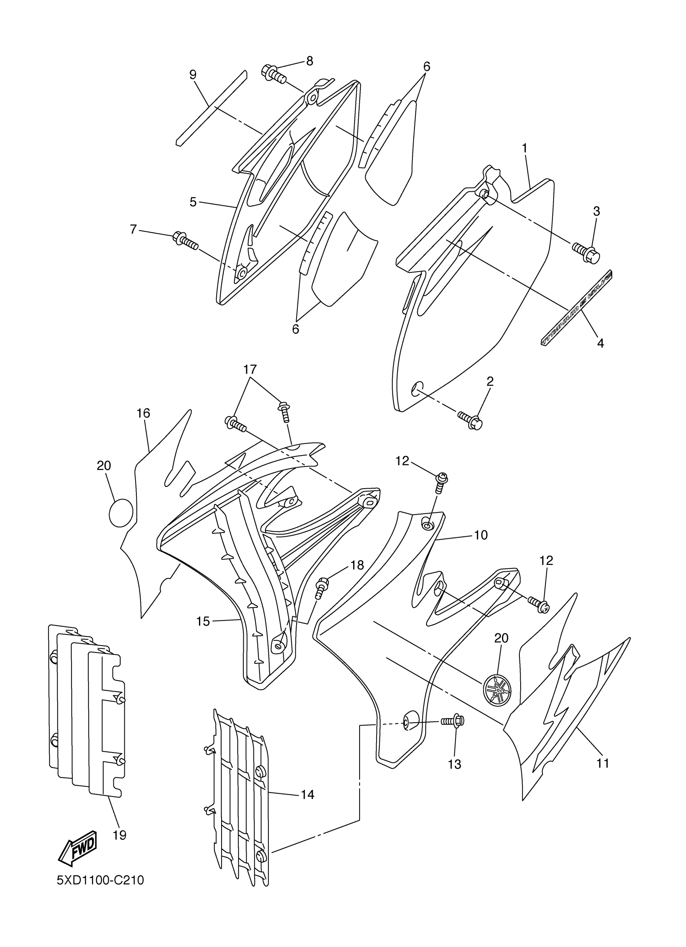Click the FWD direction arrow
coord(78,848)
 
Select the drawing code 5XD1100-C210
coord(100,880)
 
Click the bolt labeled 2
coord(471,420)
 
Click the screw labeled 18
coord(322,586)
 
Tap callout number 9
coord(192,75)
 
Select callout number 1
coord(525,148)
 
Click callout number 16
coord(143,413)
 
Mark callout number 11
coord(603,763)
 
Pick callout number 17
coord(250,370)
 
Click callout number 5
coord(193,202)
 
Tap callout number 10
coord(481,535)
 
